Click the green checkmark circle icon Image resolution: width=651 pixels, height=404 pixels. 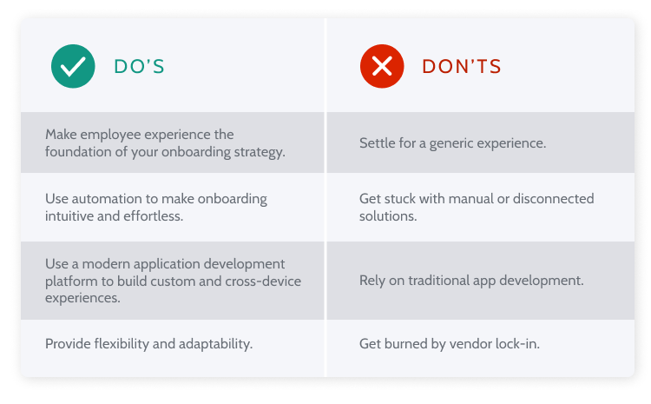(73, 66)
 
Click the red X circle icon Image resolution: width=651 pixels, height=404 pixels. (382, 66)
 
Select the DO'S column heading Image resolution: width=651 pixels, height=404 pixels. (139, 66)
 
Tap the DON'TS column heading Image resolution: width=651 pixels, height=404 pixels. (462, 66)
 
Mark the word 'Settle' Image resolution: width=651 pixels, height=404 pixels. (378, 142)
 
